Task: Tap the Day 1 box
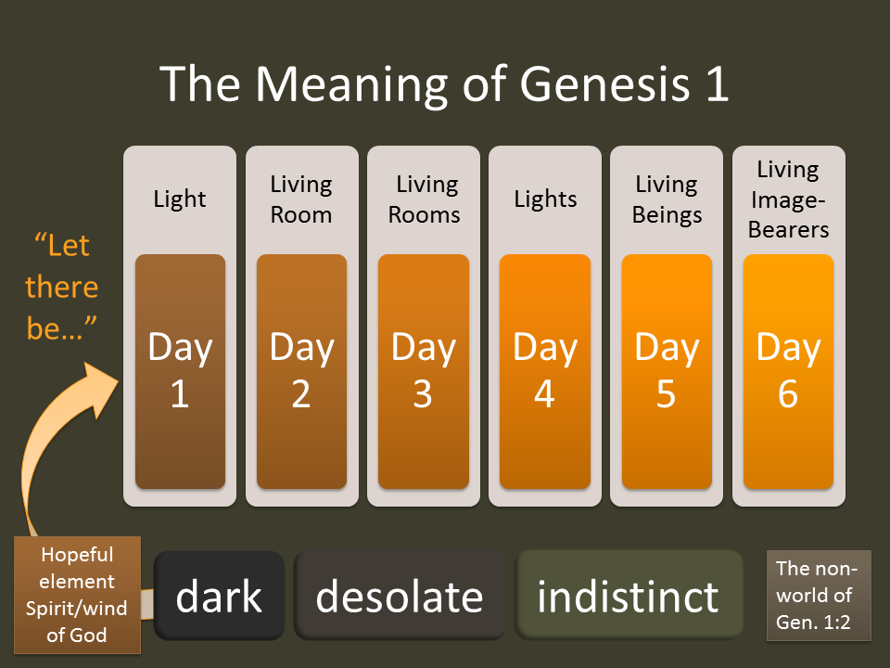[180, 371]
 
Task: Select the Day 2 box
[301, 371]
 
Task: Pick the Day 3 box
[423, 371]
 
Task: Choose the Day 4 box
[545, 371]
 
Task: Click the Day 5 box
[667, 371]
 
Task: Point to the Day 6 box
[788, 371]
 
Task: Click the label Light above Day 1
[180, 199]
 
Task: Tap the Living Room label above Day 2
[301, 199]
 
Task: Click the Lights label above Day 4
[545, 199]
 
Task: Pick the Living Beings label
[667, 199]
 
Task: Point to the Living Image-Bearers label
[788, 199]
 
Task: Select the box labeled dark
[219, 597]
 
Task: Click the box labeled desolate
[400, 597]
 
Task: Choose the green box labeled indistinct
[629, 597]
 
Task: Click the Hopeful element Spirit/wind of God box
[77, 595]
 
